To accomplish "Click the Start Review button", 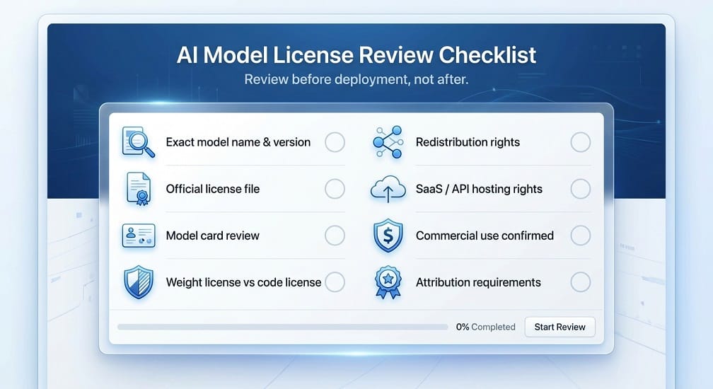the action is pos(560,327).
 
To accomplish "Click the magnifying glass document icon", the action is pos(138,142).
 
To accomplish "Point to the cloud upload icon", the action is pos(388,189).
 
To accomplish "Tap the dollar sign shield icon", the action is pos(388,236).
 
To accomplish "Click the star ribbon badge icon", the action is pos(388,282).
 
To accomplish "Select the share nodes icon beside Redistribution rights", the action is pos(388,142).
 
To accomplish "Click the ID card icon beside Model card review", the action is pos(139,236).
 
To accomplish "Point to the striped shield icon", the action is pos(139,282).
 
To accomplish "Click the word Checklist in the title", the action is pos(487,55).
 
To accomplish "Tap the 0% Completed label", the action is pos(486,327).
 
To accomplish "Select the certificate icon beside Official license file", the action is pos(139,189).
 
